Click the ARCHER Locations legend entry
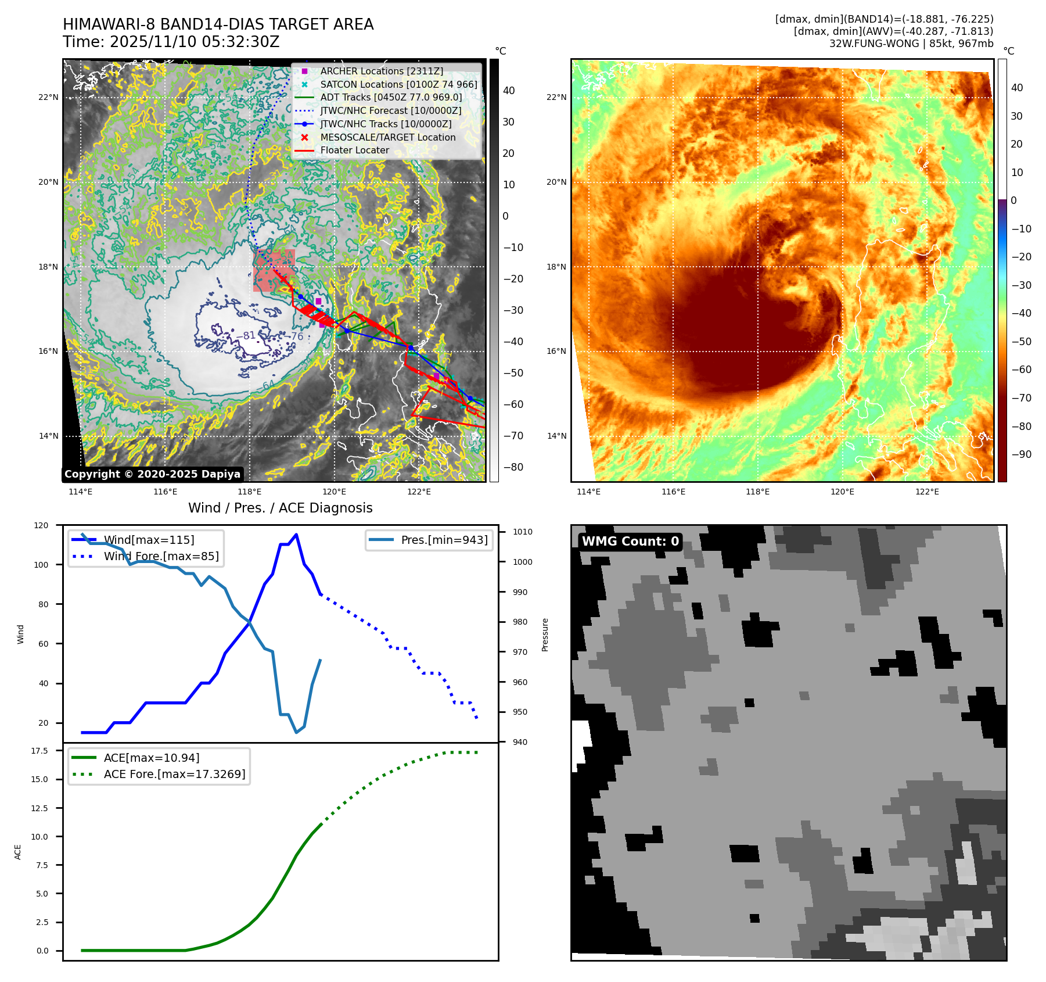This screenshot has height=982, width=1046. pyautogui.click(x=381, y=71)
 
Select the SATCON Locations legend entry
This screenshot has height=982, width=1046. pyautogui.click(x=398, y=84)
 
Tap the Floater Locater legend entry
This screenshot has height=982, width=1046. pyautogui.click(x=354, y=150)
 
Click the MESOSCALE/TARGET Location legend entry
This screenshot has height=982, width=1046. pyautogui.click(x=387, y=137)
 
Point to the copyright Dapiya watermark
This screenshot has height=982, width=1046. pyautogui.click(x=152, y=474)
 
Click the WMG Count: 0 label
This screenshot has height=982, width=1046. pyautogui.click(x=630, y=542)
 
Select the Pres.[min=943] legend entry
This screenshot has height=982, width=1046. pyautogui.click(x=444, y=540)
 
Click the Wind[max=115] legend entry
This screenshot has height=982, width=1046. pyautogui.click(x=149, y=540)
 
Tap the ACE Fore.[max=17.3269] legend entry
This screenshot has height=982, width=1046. pyautogui.click(x=174, y=774)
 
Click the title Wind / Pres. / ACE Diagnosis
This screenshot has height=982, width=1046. pyautogui.click(x=280, y=508)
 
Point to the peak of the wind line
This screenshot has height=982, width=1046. pyautogui.click(x=296, y=535)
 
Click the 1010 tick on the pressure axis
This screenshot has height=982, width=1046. pyautogui.click(x=522, y=532)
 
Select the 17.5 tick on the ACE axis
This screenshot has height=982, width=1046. pyautogui.click(x=39, y=751)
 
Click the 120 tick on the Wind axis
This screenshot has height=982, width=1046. pyautogui.click(x=41, y=525)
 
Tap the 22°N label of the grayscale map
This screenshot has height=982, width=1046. pyautogui.click(x=48, y=97)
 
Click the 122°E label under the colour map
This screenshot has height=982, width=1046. pyautogui.click(x=927, y=492)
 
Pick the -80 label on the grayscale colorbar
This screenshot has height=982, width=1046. pyautogui.click(x=513, y=467)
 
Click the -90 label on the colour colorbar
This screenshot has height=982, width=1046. pyautogui.click(x=1021, y=454)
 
